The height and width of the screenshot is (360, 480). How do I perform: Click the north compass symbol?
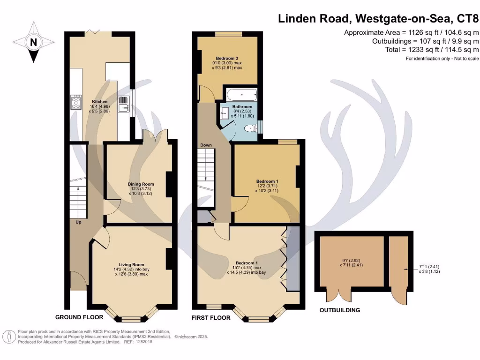[x=33, y=44]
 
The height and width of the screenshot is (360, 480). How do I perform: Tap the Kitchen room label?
[x=99, y=102]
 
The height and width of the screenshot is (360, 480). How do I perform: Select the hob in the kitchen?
[x=75, y=102]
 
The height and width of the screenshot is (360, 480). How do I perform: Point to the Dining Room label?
[x=141, y=184]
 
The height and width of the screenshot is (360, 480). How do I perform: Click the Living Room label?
[x=131, y=264]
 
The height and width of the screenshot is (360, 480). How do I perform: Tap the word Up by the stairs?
[x=78, y=222]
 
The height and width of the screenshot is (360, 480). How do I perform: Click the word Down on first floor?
[x=206, y=146]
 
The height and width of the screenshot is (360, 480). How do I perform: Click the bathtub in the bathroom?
[x=241, y=95]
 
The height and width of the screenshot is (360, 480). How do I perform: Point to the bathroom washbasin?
[x=224, y=113]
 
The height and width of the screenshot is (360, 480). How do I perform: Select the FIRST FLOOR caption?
[x=210, y=318]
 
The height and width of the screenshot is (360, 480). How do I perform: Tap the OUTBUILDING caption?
[x=340, y=310]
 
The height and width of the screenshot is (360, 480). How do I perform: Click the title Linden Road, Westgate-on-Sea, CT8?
[x=379, y=19]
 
